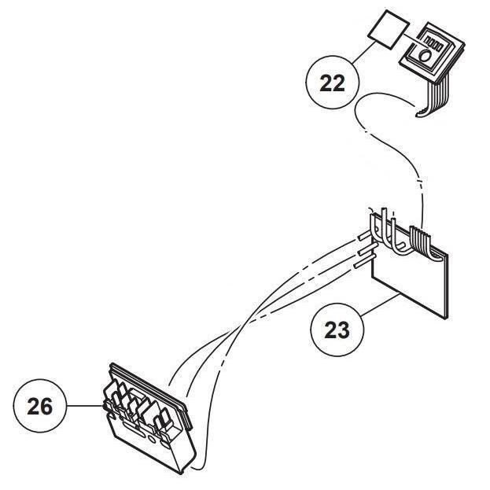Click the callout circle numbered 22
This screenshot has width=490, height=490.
pyautogui.click(x=333, y=83)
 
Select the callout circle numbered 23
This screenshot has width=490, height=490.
pyautogui.click(x=337, y=330)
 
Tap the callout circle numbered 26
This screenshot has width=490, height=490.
pyautogui.click(x=40, y=407)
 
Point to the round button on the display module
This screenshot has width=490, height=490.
pyautogui.click(x=425, y=56)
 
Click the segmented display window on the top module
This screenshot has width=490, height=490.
pyautogui.click(x=434, y=39)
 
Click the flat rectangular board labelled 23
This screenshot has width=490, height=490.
pyautogui.click(x=410, y=280)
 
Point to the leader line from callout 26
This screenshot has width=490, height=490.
pyautogui.click(x=85, y=406)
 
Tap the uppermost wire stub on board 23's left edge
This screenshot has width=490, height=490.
pyautogui.click(x=364, y=234)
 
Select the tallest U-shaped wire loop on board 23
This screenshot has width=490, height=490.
pyautogui.click(x=385, y=224)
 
